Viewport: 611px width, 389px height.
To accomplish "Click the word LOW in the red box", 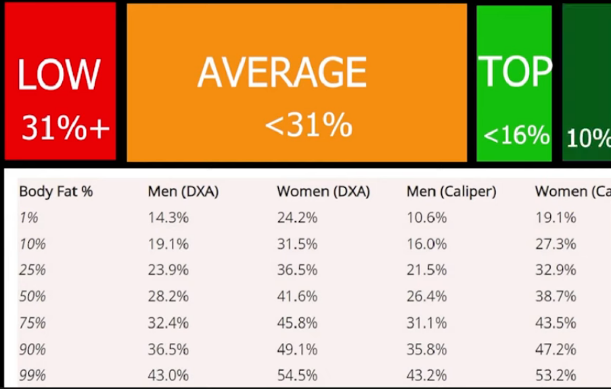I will (x=59, y=74).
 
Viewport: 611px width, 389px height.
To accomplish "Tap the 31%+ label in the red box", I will (x=65, y=128).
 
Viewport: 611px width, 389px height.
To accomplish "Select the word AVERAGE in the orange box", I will (x=281, y=72).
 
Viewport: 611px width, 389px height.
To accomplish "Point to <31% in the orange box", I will (x=309, y=125).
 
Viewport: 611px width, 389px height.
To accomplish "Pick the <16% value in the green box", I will (x=516, y=135).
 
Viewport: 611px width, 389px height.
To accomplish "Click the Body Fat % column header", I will (x=55, y=191).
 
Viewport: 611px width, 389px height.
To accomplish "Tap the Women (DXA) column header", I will (x=323, y=191).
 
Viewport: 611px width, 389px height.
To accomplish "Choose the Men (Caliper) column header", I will (x=451, y=191).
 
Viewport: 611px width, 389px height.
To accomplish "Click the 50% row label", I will (x=32, y=296).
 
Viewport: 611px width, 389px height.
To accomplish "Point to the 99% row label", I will (x=32, y=375).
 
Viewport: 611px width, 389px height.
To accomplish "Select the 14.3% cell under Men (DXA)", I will (x=168, y=218).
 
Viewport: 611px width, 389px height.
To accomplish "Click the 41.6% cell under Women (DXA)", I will (x=297, y=296).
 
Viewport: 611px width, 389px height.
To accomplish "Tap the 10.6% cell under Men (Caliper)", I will (x=426, y=218).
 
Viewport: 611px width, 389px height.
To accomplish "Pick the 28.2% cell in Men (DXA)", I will (x=168, y=296).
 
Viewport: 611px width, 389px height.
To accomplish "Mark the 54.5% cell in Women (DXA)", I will (x=297, y=375).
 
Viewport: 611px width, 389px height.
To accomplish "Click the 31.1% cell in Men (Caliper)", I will (x=426, y=323).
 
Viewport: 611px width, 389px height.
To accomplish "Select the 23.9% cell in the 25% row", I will (x=168, y=270).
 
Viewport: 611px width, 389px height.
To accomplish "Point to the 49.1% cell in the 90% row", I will (x=297, y=349).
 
